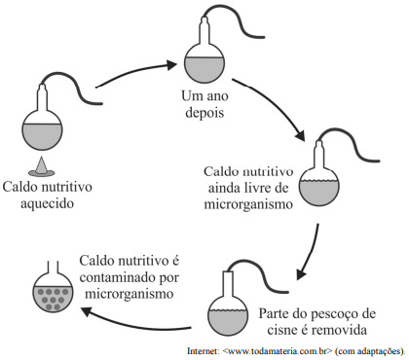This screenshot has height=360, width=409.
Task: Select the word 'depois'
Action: coord(202,113)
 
